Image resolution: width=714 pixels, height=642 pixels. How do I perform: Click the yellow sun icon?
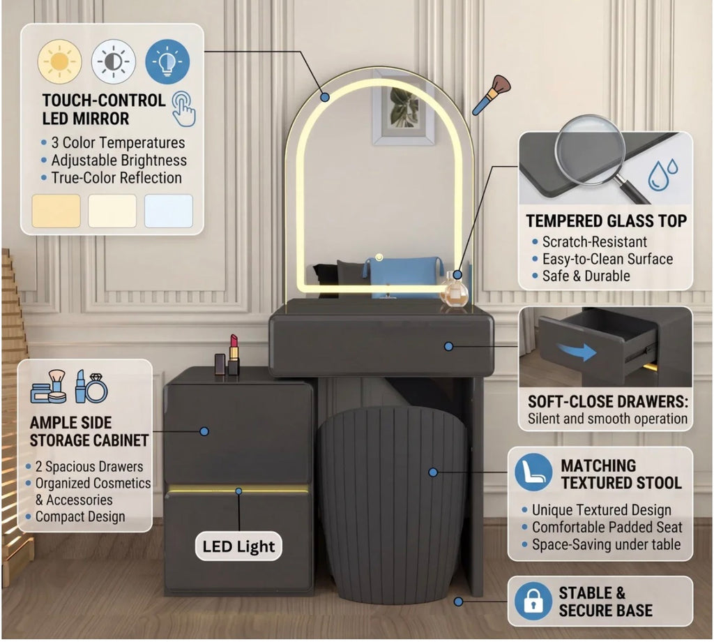point(60,61)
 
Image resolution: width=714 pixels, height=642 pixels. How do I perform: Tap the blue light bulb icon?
point(167,61)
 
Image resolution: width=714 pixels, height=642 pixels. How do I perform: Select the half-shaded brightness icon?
point(114,61)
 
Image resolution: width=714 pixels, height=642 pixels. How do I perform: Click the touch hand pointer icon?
point(184,109)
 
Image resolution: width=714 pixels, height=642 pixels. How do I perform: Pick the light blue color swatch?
point(169,211)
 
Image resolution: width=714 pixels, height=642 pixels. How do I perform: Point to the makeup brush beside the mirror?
point(492,95)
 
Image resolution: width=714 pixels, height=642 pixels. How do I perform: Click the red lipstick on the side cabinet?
point(234,354)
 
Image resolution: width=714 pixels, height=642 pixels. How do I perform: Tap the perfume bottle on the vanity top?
point(453,290)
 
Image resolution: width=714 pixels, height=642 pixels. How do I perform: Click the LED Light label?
point(238,546)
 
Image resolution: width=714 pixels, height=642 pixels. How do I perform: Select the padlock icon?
point(533,601)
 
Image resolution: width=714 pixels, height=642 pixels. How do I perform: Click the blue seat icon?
point(533,472)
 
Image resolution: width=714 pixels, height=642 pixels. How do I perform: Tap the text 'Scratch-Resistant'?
point(595,241)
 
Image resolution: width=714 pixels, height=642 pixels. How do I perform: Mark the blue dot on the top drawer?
point(448,347)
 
